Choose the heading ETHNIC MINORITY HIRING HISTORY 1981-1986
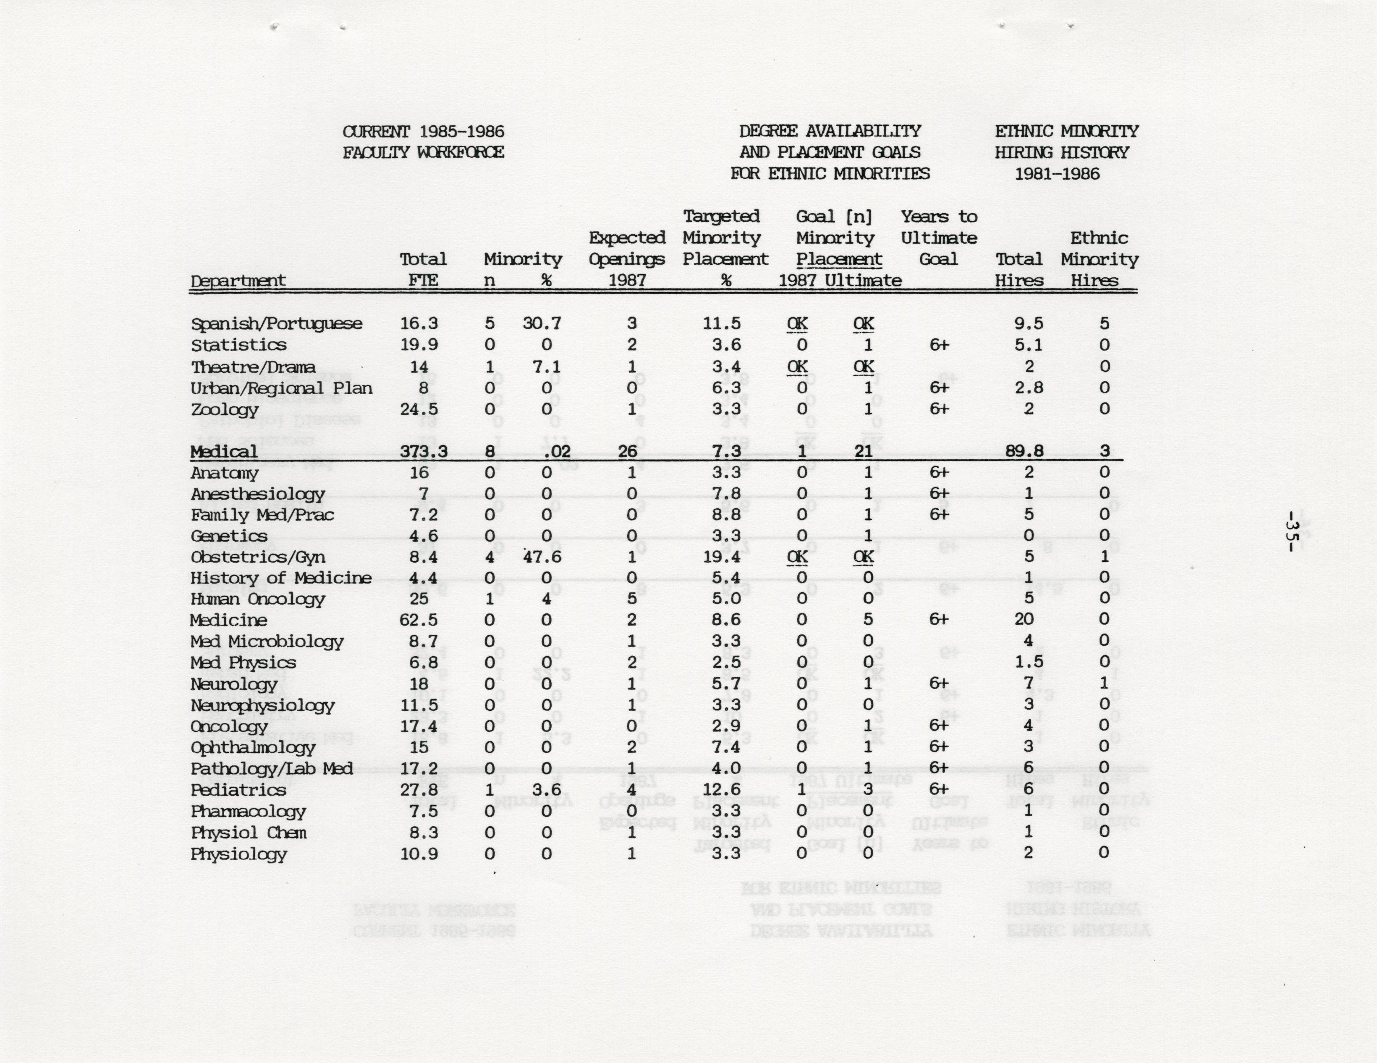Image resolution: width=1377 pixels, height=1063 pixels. (1066, 152)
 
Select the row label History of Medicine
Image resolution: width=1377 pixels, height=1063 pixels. (280, 578)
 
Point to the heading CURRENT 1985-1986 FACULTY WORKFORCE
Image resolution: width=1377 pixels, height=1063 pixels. (423, 142)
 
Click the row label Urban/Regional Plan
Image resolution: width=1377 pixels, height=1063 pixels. (281, 388)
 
